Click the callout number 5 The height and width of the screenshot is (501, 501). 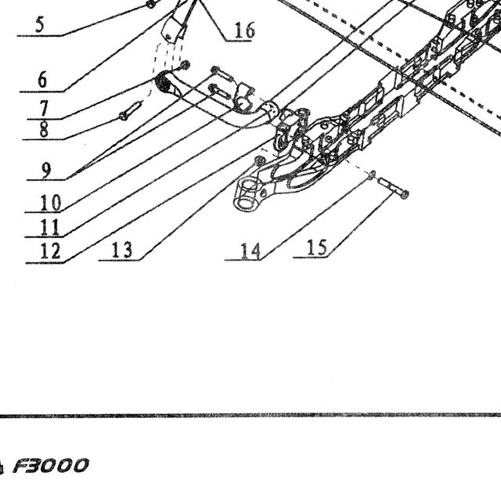[39, 25]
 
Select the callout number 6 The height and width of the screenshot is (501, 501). [42, 80]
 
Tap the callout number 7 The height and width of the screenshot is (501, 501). [44, 108]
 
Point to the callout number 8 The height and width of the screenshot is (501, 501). [44, 129]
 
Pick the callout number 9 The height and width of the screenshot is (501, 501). [46, 171]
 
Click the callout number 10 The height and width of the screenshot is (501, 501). [50, 203]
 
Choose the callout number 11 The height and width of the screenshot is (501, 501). [50, 228]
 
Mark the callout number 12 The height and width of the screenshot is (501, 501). [50, 251]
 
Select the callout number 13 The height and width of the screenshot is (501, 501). [122, 250]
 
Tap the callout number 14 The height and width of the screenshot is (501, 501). [250, 251]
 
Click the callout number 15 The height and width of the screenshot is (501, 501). [317, 247]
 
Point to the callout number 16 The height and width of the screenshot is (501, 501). [245, 31]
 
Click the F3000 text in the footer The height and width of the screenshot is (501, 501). [50, 465]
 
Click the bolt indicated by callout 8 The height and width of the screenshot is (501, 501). [131, 110]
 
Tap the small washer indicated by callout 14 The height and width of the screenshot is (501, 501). [372, 175]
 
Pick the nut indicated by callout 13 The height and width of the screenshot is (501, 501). [259, 160]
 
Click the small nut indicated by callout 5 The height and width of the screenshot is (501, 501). [150, 4]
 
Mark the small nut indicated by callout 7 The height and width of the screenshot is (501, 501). [185, 65]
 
